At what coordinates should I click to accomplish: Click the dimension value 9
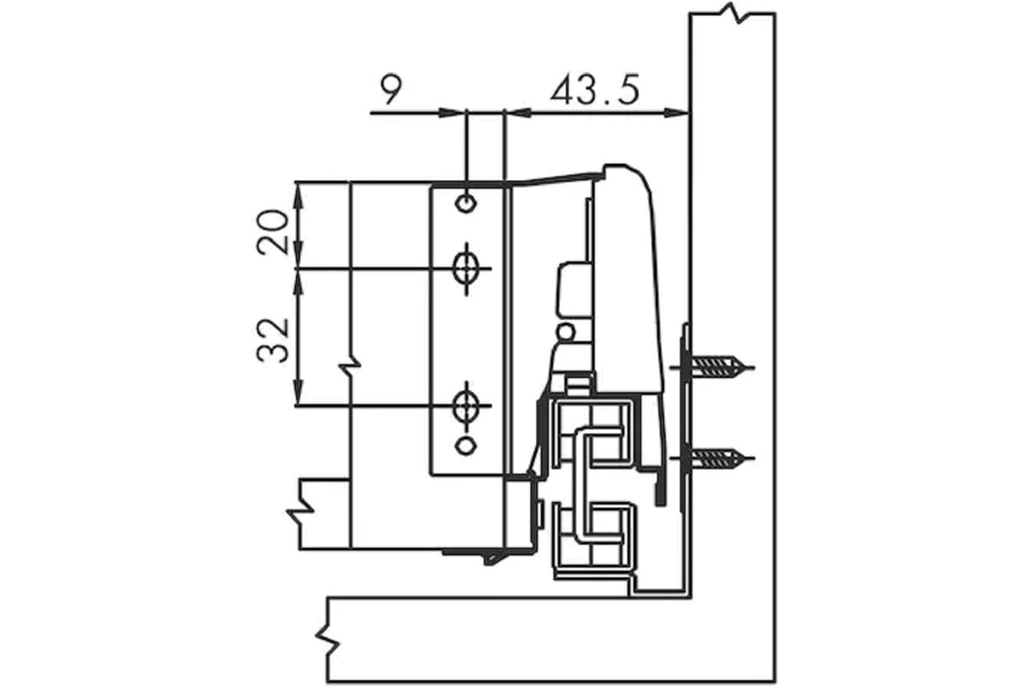click(391, 89)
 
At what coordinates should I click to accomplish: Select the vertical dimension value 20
click(273, 232)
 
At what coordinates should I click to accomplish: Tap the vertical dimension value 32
click(273, 340)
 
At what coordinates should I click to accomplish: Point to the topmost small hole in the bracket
click(466, 202)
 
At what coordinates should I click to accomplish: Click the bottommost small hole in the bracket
click(466, 446)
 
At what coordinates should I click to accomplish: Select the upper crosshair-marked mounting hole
click(466, 268)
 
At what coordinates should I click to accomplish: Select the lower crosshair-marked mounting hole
click(466, 406)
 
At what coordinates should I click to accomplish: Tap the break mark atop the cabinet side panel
click(734, 13)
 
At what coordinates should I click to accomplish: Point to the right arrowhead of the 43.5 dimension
click(677, 112)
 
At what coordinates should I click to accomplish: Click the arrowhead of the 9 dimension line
click(451, 112)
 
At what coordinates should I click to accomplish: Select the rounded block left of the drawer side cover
click(574, 290)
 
